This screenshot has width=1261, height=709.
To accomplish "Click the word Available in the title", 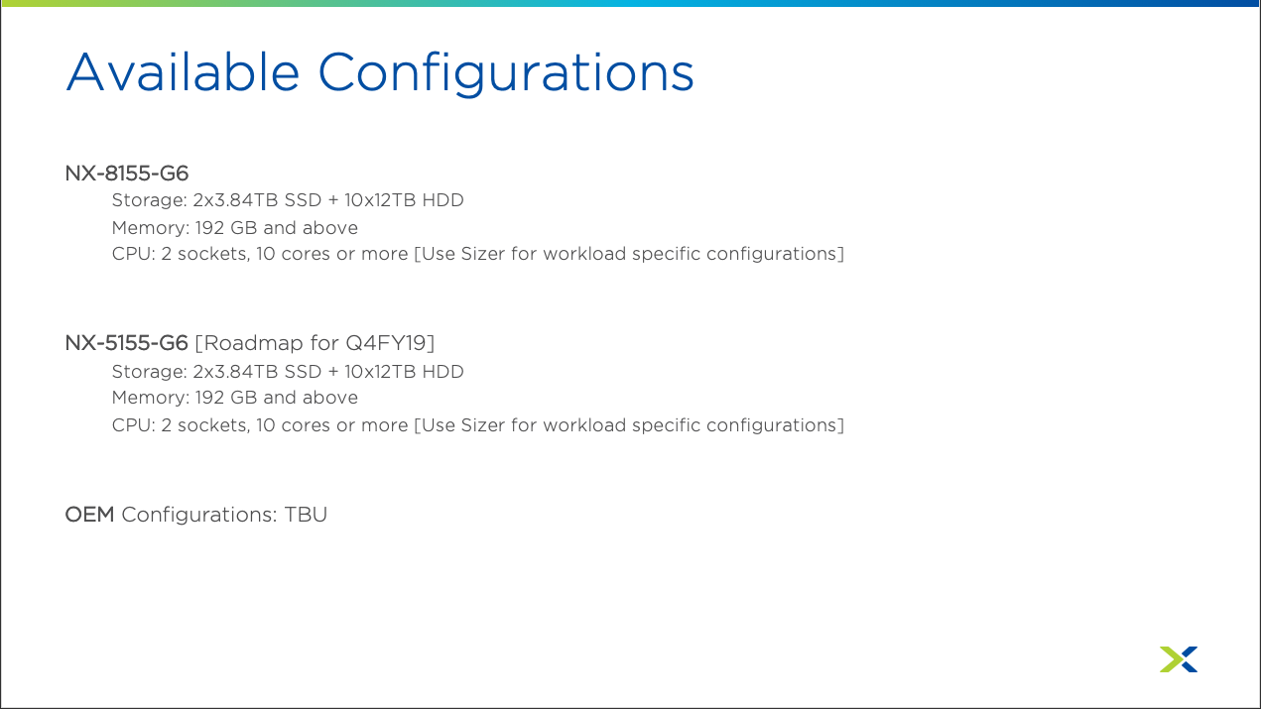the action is click(183, 72).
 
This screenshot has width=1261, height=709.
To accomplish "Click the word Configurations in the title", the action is click(506, 74).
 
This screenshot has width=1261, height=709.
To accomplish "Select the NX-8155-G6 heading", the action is click(127, 174).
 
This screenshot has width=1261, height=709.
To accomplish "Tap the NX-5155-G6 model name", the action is click(127, 343).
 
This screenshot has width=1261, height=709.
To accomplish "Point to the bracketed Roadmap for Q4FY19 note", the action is click(315, 343).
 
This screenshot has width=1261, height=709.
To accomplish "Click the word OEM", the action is click(89, 515).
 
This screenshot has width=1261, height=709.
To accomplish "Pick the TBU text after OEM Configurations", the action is click(306, 515).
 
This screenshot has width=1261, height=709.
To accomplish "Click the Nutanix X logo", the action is click(1179, 658).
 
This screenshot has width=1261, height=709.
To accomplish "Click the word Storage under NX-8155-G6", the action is click(149, 200).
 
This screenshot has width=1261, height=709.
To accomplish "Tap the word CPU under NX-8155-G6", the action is click(133, 254).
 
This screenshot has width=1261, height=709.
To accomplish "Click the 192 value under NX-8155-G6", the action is click(209, 228).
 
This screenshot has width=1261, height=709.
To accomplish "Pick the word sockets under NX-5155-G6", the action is click(213, 425).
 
